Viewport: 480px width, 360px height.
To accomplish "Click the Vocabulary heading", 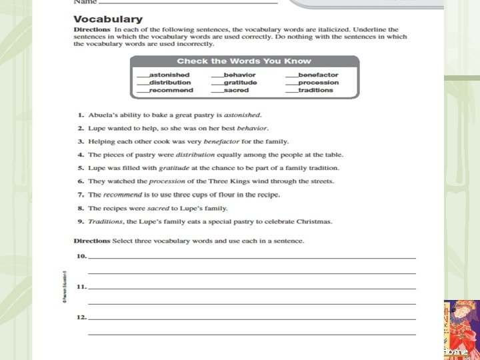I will point(107,19).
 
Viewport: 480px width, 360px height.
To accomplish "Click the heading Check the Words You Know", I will point(244,61).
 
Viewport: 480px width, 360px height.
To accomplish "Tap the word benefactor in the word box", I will point(318,75).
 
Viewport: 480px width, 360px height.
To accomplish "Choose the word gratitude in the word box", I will point(240,83).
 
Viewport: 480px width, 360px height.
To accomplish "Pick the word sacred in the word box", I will point(236,90).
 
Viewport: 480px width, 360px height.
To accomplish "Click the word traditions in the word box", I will point(315,90).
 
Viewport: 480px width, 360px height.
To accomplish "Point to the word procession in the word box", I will point(318,83).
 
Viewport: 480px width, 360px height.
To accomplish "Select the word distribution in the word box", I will point(170,83).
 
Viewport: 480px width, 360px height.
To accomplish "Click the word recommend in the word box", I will point(171,90).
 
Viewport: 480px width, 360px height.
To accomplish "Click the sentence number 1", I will point(79,115).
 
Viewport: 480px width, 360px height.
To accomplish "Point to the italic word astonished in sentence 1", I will point(242,115).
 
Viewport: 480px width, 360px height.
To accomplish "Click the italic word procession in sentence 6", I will point(167,181).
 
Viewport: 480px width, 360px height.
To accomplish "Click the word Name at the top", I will point(84,3).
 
